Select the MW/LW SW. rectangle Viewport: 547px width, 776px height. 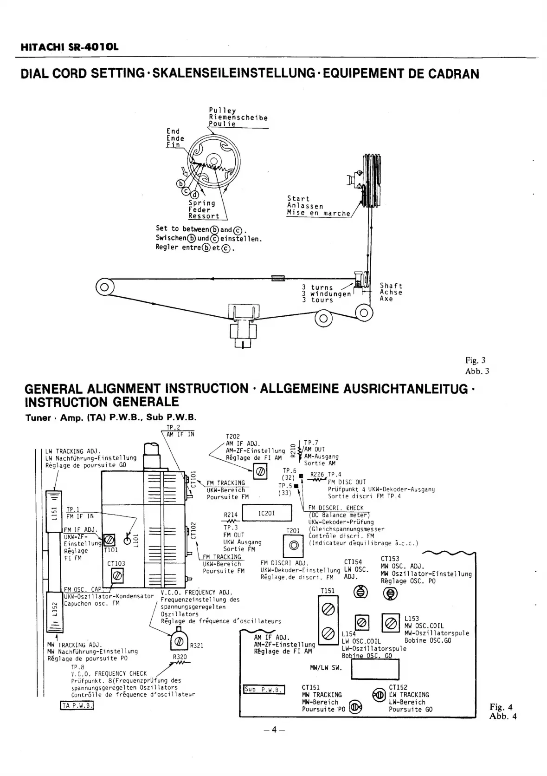pos(375,669)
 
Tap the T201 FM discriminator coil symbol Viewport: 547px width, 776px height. pos(293,545)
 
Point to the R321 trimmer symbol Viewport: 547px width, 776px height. pos(179,643)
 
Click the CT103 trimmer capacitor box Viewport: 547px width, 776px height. pos(117,576)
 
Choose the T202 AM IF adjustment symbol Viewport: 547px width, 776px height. pos(260,472)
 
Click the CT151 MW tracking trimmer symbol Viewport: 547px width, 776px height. pos(356,707)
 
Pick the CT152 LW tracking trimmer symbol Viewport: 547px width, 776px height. pos(379,695)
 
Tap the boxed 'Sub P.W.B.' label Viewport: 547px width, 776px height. pos(264,689)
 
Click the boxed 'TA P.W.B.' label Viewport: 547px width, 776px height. pos(77,706)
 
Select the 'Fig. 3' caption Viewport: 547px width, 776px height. pos(476,360)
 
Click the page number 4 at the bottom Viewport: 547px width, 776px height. pos(274,730)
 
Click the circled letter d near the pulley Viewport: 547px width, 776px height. pos(195,195)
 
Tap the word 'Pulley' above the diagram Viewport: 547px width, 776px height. pos(222,111)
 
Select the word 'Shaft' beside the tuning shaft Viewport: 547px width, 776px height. pos(391,286)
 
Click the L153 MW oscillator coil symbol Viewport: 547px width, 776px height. pos(390,622)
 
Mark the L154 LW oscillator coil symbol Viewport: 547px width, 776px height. pos(362,622)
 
